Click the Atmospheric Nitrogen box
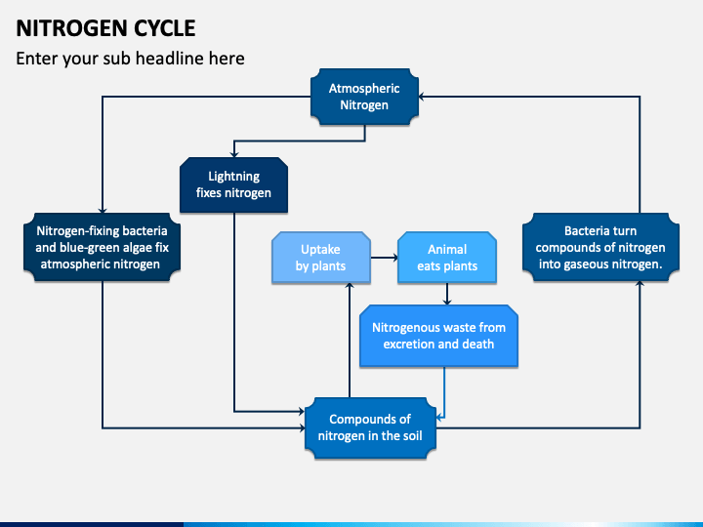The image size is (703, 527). tap(364, 97)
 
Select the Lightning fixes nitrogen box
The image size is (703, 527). tap(233, 184)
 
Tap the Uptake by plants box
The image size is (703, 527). tap(321, 258)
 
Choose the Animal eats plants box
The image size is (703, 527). tap(447, 258)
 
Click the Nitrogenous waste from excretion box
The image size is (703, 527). tap(439, 336)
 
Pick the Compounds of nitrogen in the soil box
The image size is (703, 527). tap(370, 427)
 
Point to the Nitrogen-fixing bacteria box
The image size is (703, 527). tap(103, 247)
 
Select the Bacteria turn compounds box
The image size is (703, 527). tap(600, 247)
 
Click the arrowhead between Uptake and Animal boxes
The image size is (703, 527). tap(395, 258)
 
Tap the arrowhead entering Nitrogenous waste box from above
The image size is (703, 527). tap(446, 302)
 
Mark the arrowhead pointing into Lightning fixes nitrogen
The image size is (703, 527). tap(233, 154)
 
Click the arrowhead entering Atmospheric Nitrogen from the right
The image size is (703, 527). tap(422, 97)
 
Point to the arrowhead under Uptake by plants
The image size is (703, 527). tap(350, 286)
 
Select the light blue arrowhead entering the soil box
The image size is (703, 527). tap(439, 418)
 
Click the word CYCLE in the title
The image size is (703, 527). tap(165, 28)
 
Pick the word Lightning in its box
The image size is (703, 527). tap(233, 177)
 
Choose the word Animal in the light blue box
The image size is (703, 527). tap(447, 249)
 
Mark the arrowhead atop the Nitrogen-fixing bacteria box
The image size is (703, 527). tap(103, 210)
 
